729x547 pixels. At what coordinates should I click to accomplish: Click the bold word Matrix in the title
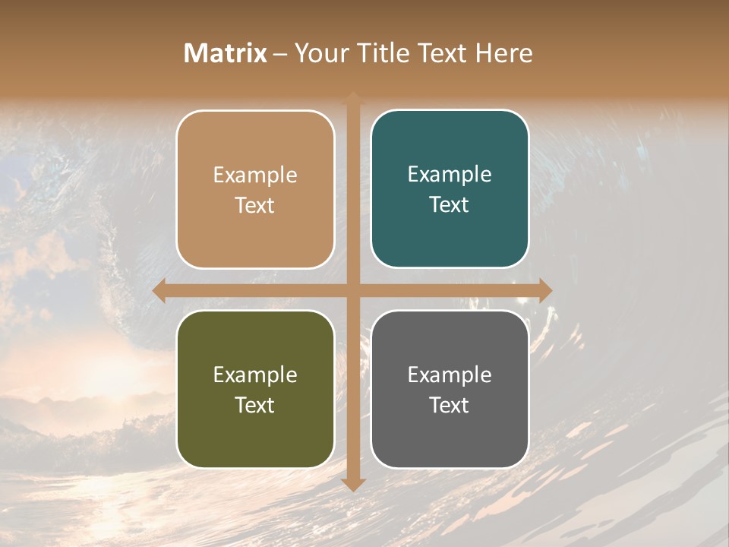[x=226, y=53]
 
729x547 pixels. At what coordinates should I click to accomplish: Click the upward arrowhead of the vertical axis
[x=353, y=98]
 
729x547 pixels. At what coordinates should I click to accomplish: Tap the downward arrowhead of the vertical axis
[x=353, y=484]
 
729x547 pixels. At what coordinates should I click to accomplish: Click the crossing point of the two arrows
[x=353, y=290]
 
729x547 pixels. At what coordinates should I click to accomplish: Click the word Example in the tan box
[x=255, y=175]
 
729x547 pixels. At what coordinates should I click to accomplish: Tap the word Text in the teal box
[x=450, y=205]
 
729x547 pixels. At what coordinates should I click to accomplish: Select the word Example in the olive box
[x=255, y=375]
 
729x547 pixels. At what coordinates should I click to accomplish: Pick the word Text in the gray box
[x=450, y=406]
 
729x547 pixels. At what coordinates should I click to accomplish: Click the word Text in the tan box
[x=255, y=206]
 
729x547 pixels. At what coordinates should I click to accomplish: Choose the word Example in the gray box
[x=450, y=375]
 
